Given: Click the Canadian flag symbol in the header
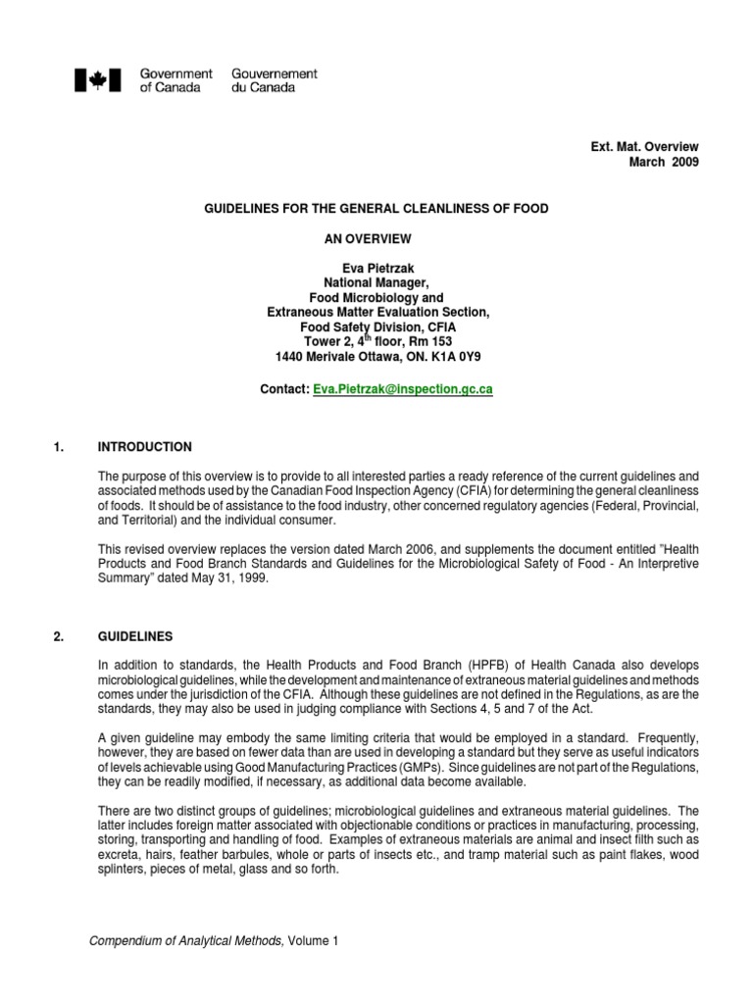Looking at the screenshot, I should pyautogui.click(x=97, y=80).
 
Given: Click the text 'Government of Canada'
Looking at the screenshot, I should pyautogui.click(x=176, y=80).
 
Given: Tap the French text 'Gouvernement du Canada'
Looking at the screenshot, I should pyautogui.click(x=274, y=80).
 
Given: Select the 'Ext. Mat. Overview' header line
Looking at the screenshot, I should pyautogui.click(x=643, y=146).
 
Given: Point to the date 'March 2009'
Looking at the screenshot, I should pyautogui.click(x=664, y=162).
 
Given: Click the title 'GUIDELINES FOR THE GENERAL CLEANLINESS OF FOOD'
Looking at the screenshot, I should pyautogui.click(x=376, y=209).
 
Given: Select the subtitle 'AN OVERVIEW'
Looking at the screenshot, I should pyautogui.click(x=376, y=238).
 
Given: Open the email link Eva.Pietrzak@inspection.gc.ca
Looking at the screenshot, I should pyautogui.click(x=402, y=389).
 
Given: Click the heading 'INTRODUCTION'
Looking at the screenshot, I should pyautogui.click(x=145, y=447).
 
